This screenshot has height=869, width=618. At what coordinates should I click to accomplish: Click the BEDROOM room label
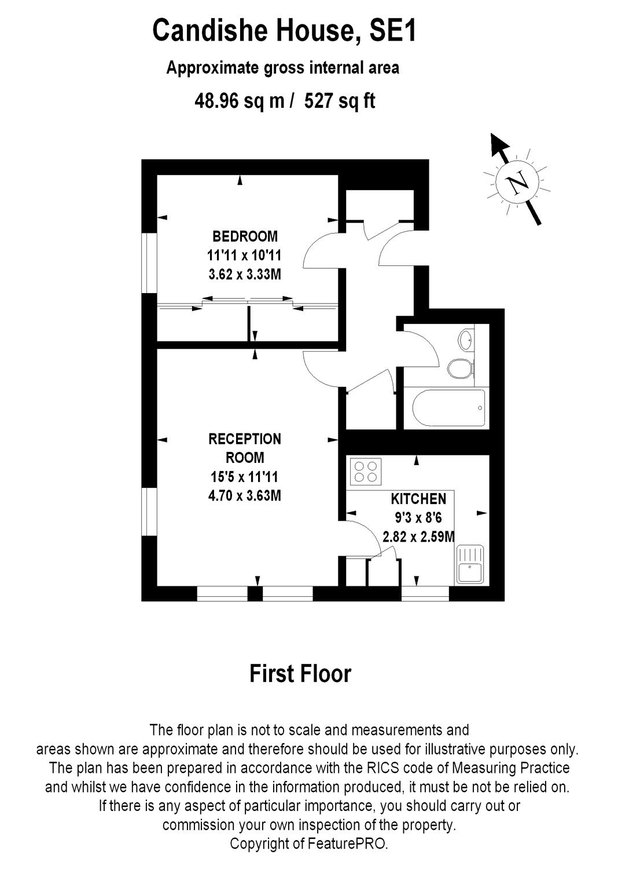(x=245, y=236)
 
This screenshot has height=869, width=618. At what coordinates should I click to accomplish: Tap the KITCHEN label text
(x=418, y=499)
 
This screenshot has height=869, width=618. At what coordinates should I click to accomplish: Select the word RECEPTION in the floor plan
(x=245, y=439)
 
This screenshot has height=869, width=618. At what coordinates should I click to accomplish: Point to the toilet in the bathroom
(x=461, y=368)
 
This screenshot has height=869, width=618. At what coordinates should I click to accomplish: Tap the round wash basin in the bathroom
(x=466, y=338)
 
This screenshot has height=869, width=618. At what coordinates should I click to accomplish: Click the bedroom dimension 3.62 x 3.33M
(x=245, y=274)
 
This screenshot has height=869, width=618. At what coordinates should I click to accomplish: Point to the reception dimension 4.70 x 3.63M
(x=245, y=496)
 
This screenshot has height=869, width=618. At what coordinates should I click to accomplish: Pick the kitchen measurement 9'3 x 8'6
(x=418, y=518)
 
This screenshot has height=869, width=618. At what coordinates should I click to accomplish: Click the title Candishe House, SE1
(x=284, y=31)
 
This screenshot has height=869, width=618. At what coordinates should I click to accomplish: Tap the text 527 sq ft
(x=340, y=101)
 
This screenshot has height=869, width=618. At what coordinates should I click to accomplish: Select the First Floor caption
(x=300, y=674)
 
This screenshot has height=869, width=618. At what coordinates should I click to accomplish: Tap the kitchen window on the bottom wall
(x=425, y=594)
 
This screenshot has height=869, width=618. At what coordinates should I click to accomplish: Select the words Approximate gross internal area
(x=282, y=68)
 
